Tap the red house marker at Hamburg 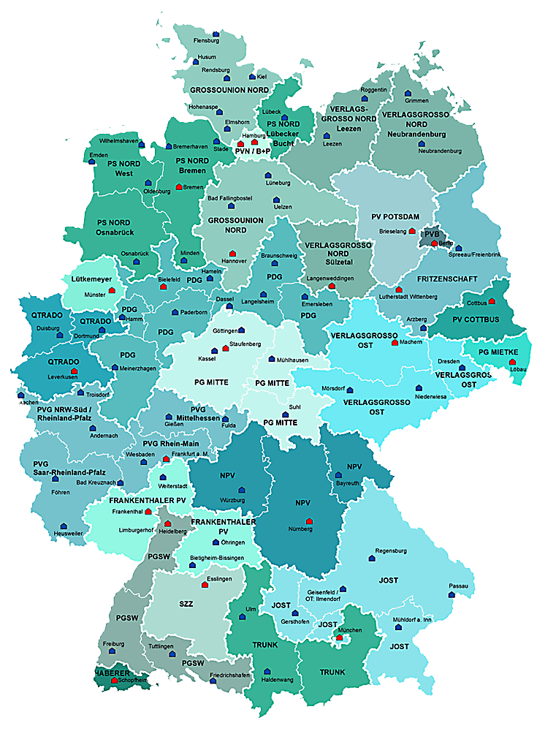coord(255,143)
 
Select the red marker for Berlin coord(435,243)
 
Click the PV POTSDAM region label coord(395,216)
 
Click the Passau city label coord(457,586)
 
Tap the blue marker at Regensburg coord(371,558)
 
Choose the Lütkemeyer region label coord(91,279)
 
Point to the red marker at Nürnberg coord(310,521)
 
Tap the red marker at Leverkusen coord(74,372)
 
